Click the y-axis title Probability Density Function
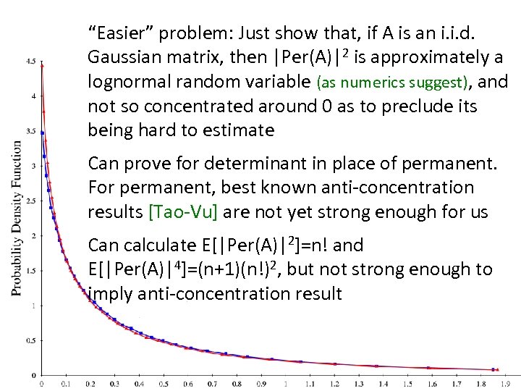tap(16, 217)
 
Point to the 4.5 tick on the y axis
tap(31, 62)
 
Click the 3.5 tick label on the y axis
tap(31, 132)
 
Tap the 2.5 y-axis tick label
tap(31, 201)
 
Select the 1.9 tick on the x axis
tap(506, 384)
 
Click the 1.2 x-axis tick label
tap(334, 384)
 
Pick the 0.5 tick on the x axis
tap(164, 384)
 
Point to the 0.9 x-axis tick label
tap(261, 384)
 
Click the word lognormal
tap(127, 82)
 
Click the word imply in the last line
tap(109, 293)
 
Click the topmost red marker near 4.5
tap(42, 66)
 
